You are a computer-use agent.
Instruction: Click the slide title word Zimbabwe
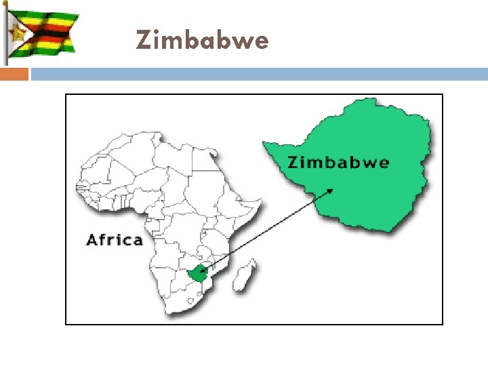pyautogui.click(x=202, y=41)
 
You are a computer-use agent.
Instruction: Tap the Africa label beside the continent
pyautogui.click(x=115, y=240)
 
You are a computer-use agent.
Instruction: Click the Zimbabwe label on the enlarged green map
pyautogui.click(x=338, y=163)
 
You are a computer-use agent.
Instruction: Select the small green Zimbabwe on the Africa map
pyautogui.click(x=198, y=274)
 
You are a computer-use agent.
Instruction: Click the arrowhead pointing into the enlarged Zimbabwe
pyautogui.click(x=331, y=190)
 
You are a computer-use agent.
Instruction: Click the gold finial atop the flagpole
pyautogui.click(x=5, y=3)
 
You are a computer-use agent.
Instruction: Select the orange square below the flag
pyautogui.click(x=14, y=74)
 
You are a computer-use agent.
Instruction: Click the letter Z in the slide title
pyautogui.click(x=143, y=41)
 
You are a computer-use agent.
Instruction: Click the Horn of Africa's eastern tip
pyautogui.click(x=262, y=200)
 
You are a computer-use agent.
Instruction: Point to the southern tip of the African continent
pyautogui.click(x=178, y=313)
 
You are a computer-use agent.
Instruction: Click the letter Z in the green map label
pyautogui.click(x=293, y=163)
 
